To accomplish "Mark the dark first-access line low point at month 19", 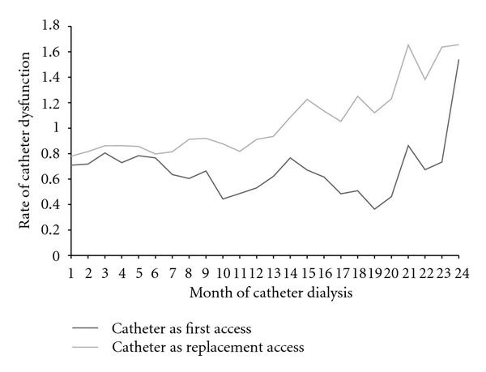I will coord(374,209).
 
